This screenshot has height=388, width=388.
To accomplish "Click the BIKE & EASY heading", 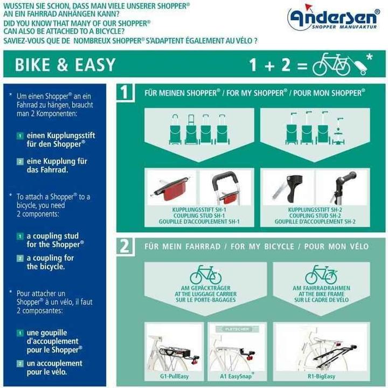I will point(65,65).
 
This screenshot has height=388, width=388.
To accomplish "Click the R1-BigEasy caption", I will point(321,376).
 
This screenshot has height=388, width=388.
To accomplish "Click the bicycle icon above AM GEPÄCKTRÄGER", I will point(205,274).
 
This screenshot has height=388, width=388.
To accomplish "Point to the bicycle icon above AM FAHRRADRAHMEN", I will point(321,274).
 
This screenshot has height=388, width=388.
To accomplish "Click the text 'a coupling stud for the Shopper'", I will point(53,240).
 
